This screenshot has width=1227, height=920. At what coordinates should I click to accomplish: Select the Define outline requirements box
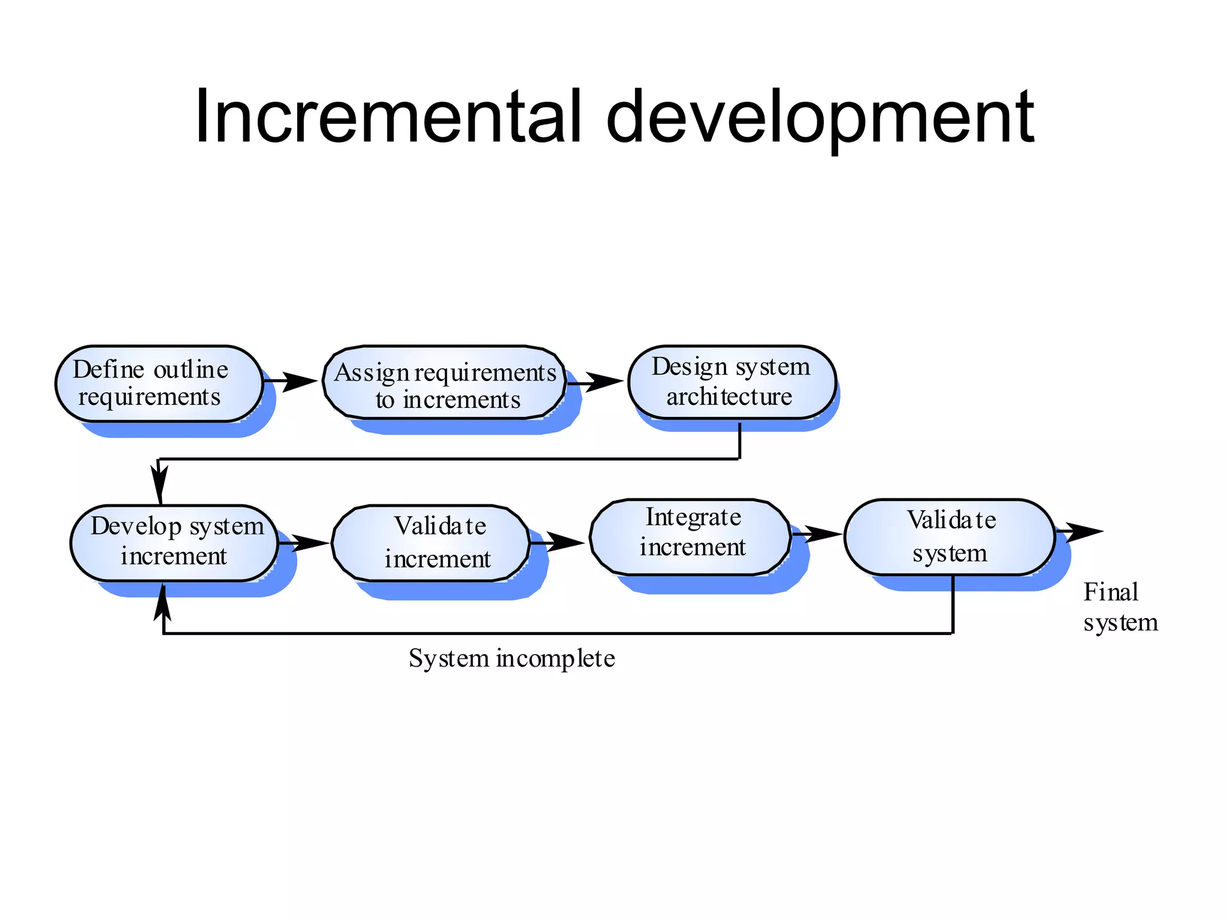pos(159,383)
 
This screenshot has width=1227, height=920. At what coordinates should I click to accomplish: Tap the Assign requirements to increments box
pos(445,383)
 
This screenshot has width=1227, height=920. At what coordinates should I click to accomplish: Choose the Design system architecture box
pos(731,382)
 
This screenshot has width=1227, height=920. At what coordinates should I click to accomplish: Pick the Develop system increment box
pos(174,543)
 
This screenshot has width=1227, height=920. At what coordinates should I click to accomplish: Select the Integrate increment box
pos(690,537)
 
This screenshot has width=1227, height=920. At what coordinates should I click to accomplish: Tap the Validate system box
pos(949,537)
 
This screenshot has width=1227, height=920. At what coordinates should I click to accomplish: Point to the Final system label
pos(1119,607)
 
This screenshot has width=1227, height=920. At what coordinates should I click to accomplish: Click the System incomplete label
pos(512,658)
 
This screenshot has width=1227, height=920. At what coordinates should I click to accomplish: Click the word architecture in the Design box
pos(729,397)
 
